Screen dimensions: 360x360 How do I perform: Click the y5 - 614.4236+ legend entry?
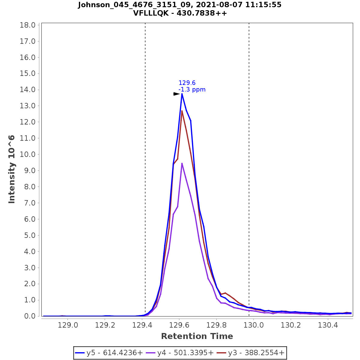[x=109, y=353]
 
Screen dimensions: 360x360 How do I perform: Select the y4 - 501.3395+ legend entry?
[x=180, y=353]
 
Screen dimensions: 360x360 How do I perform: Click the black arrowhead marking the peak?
[x=176, y=94]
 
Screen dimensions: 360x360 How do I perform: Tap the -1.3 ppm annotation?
[x=192, y=89]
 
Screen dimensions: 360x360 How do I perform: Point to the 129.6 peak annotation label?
[x=187, y=83]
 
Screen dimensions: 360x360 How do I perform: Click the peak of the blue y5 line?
[x=182, y=94]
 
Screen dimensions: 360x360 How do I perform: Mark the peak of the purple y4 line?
[x=182, y=163]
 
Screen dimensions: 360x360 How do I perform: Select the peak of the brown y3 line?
[x=182, y=111]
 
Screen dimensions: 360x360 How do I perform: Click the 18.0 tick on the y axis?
[x=28, y=25]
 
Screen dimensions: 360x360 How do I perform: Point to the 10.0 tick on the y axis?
[x=28, y=154]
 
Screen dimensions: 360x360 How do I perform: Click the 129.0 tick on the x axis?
[x=68, y=325]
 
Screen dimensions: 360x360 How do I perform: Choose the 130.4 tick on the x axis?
[x=328, y=325]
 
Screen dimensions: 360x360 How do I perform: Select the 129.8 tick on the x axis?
[x=217, y=325]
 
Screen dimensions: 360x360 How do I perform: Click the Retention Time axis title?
[x=197, y=336]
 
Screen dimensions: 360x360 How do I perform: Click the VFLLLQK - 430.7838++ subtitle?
[x=180, y=13]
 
